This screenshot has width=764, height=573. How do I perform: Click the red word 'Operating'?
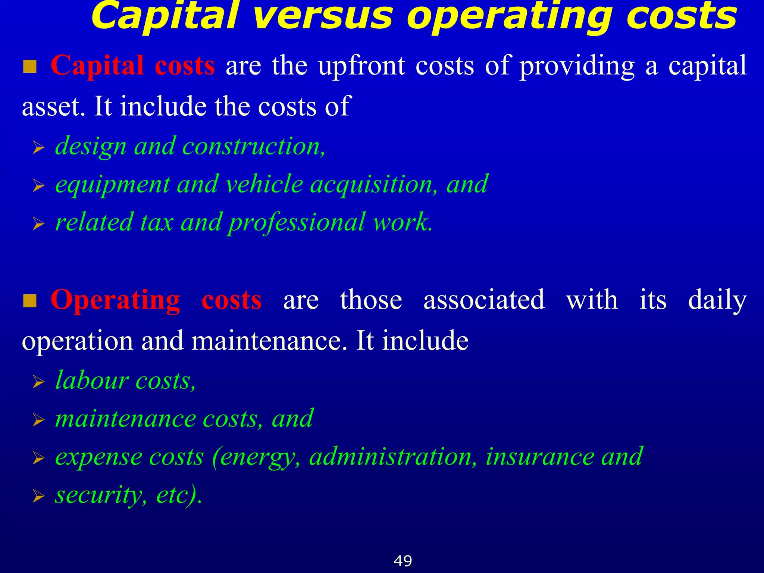pos(115,300)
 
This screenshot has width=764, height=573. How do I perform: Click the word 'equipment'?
pos(112,185)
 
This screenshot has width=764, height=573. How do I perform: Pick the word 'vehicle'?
pos(264,184)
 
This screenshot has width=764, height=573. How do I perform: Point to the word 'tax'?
pos(157,222)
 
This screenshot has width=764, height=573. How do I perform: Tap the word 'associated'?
pos(484,300)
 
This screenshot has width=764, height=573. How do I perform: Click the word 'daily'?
pos(717,301)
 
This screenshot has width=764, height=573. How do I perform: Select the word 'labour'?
pos(92,381)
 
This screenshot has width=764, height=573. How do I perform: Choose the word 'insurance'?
pos(540,457)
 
